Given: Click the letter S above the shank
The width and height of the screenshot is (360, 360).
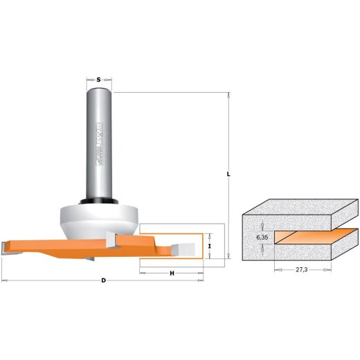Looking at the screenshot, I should click(99, 81).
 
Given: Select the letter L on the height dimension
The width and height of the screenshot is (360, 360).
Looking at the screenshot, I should click(229, 174).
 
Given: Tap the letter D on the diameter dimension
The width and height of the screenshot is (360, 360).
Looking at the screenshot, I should click(103, 281).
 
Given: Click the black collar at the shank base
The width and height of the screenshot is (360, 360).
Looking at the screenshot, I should click(99, 201).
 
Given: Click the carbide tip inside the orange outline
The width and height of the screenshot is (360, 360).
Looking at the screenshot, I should click(185, 246).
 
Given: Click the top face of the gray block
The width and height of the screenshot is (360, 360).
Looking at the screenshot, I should click(298, 207).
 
